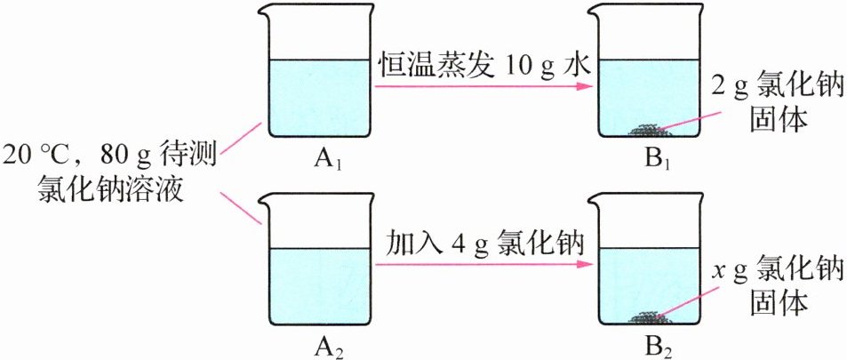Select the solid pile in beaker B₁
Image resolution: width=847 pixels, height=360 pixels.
click(647, 131)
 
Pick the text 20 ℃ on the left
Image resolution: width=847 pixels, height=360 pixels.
click(44, 156)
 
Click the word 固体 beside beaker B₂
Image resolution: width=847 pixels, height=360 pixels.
click(779, 303)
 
